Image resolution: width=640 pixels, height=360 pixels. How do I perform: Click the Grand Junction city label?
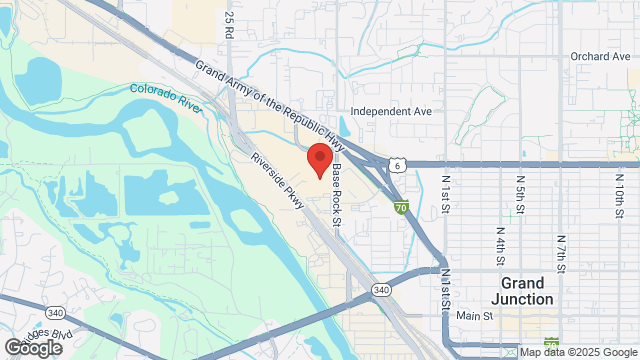(528, 291)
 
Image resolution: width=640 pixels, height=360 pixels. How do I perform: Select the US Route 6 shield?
(398, 164)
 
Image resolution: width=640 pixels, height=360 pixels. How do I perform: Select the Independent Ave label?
(391, 112)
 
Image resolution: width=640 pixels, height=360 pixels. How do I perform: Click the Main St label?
(475, 316)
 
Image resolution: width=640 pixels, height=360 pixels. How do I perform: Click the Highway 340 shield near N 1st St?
(352, 290)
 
